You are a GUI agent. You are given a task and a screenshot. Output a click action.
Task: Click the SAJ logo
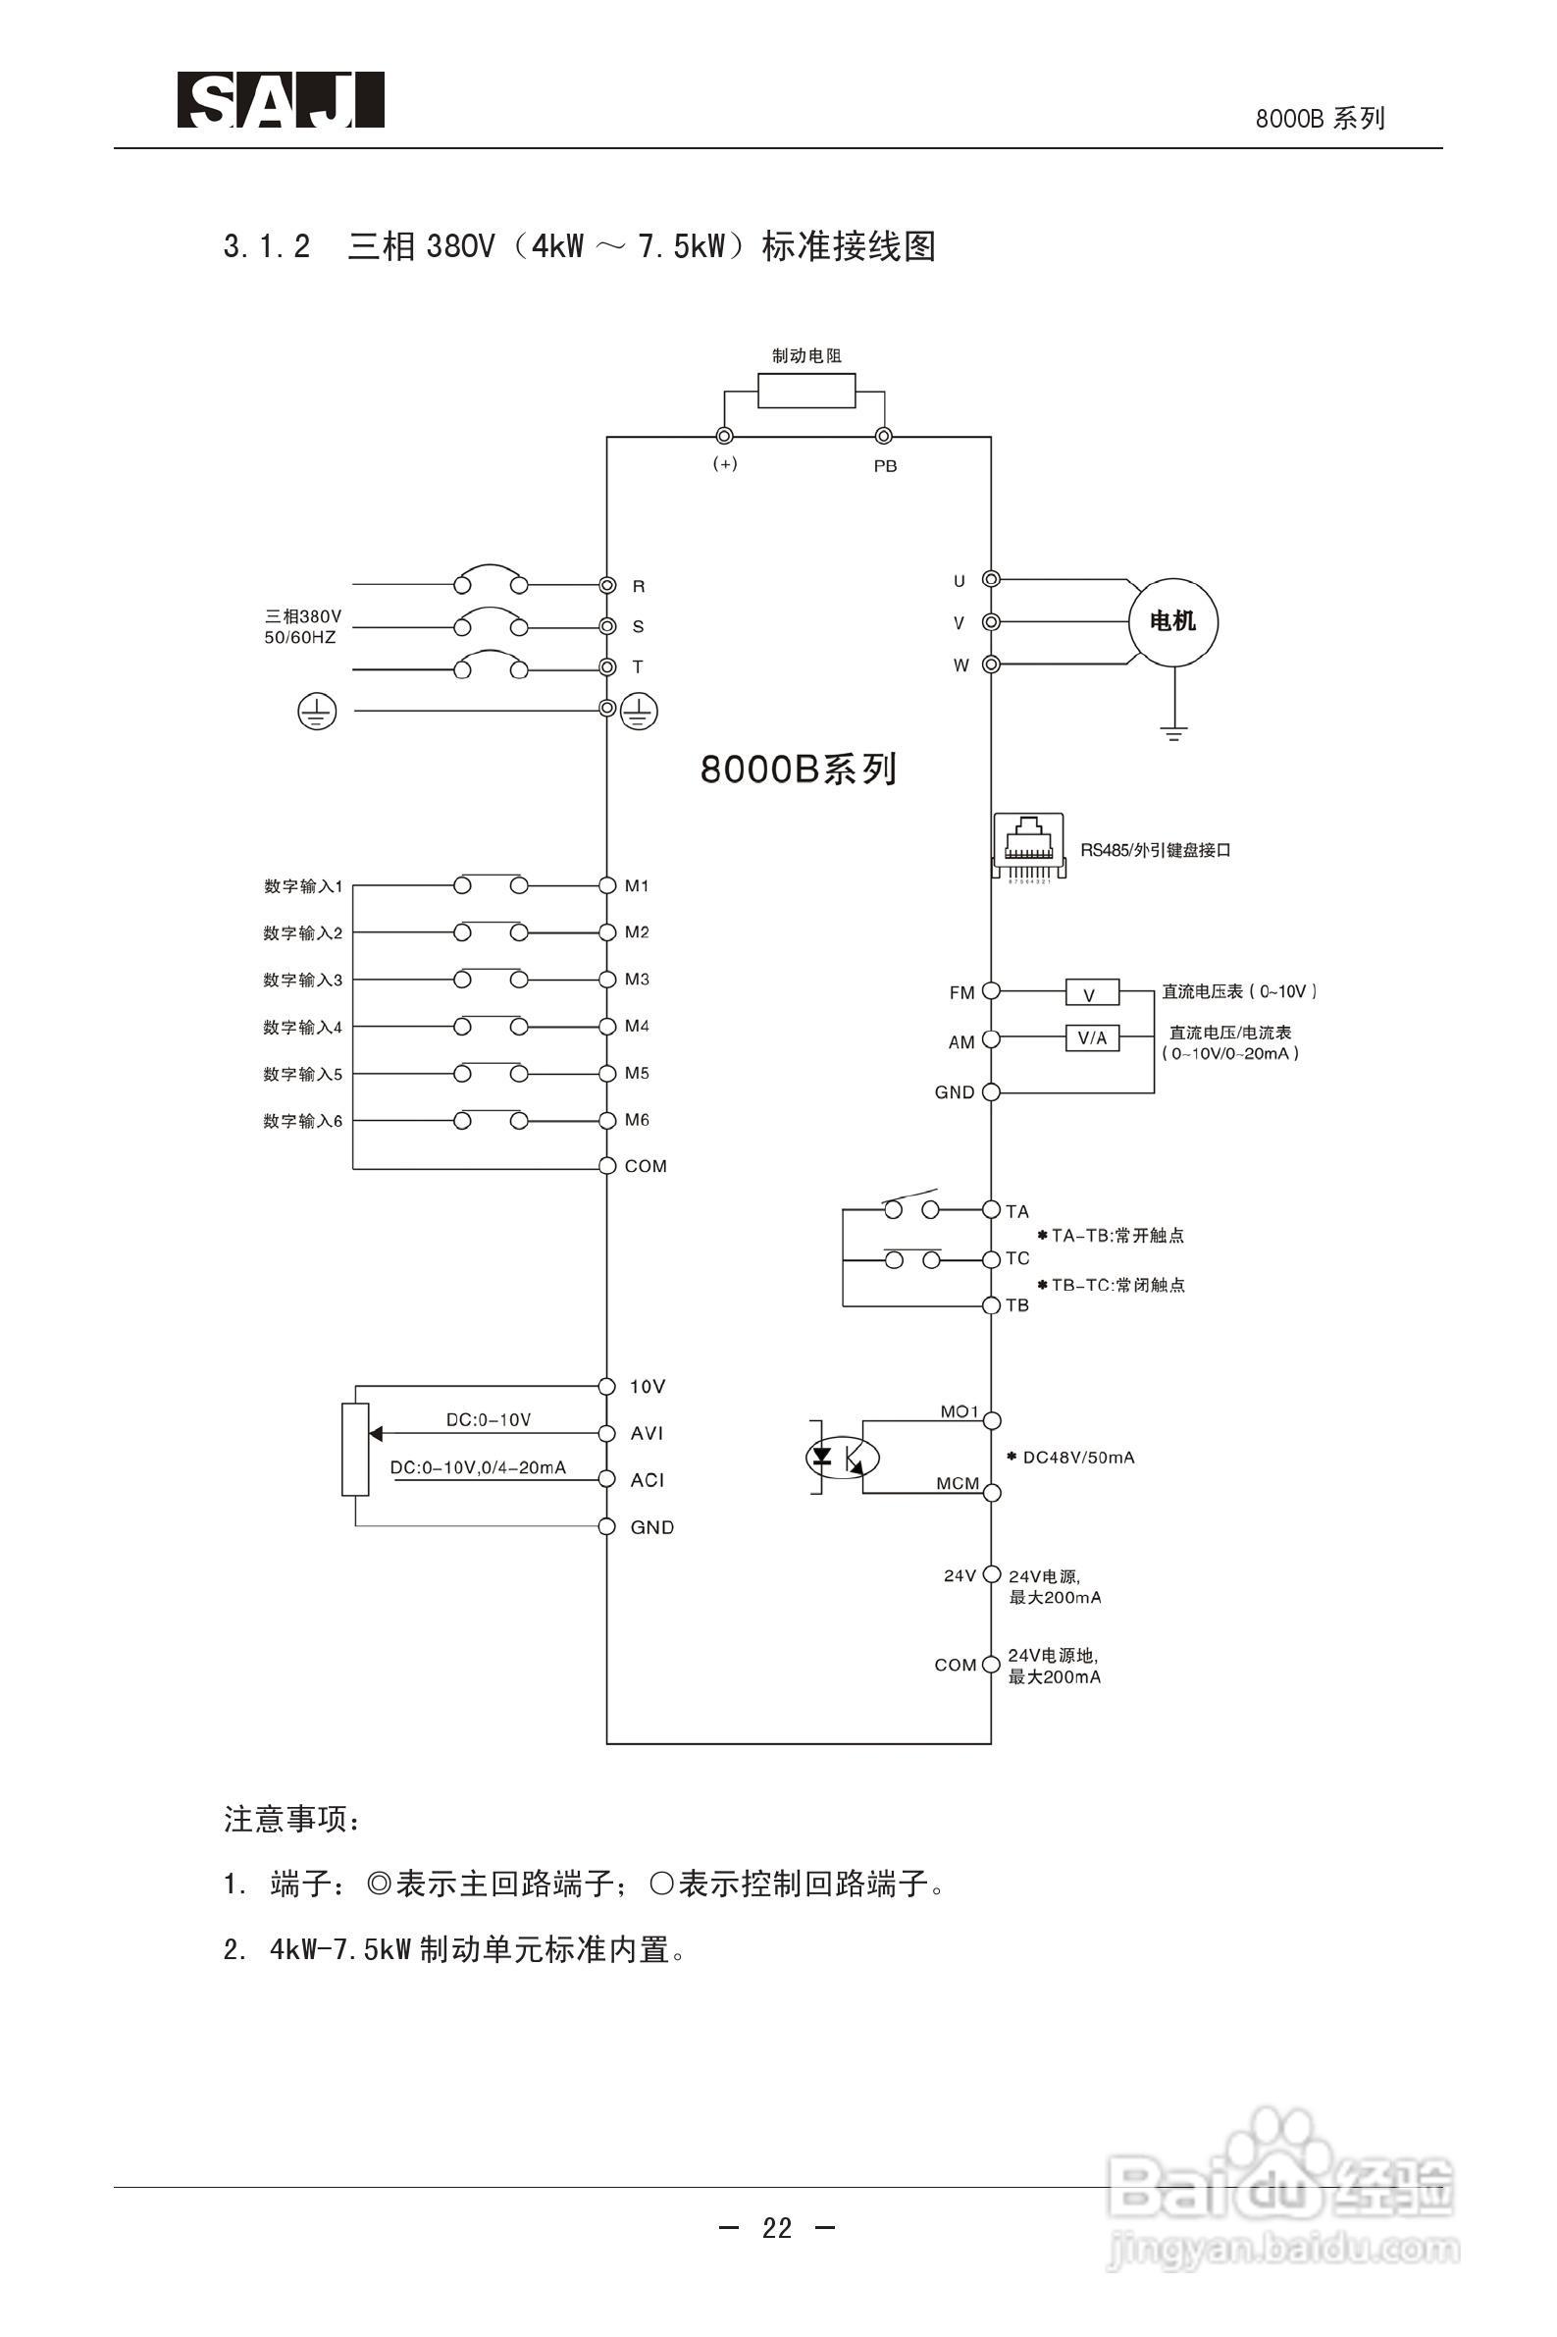tap(281, 100)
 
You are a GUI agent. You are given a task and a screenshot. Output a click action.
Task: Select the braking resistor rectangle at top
tap(806, 392)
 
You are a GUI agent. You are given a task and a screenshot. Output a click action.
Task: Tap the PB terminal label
tap(885, 467)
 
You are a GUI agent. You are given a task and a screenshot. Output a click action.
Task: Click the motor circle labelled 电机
tap(1173, 621)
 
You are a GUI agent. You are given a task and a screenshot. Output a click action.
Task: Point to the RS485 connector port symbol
tap(1028, 845)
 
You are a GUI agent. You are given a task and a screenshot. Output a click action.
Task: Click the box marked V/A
tap(1091, 1038)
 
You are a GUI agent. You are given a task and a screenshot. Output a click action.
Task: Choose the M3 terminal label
tap(637, 980)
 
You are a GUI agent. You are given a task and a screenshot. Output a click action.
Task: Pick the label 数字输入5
tap(302, 1074)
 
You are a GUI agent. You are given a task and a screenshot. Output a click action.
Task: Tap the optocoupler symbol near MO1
tap(841, 1457)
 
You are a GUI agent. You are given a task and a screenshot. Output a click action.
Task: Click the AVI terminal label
tap(647, 1433)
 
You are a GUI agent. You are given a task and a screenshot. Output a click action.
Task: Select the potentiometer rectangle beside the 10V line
tap(355, 1449)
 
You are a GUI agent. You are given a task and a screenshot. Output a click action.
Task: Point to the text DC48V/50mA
tap(1077, 1458)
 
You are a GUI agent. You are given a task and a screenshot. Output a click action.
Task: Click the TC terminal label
tap(1017, 1258)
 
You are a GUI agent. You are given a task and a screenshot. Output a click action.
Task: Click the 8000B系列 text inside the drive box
tap(799, 770)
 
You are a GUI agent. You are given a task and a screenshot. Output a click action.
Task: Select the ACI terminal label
tap(647, 1480)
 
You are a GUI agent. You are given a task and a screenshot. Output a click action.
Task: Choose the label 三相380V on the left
tap(302, 616)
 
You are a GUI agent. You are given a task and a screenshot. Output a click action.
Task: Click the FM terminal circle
tap(990, 990)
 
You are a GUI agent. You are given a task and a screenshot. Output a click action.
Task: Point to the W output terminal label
tap(960, 665)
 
